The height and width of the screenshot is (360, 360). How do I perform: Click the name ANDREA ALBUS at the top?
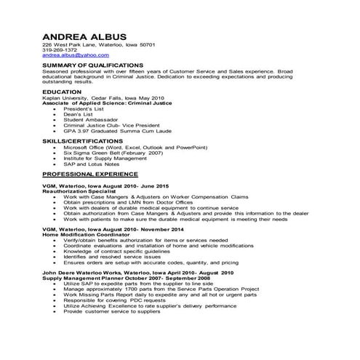click(84, 36)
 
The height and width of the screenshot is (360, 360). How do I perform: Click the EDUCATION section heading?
click(62, 92)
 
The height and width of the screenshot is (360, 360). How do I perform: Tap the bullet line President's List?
click(85, 108)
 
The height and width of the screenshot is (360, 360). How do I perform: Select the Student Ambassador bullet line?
click(91, 119)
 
